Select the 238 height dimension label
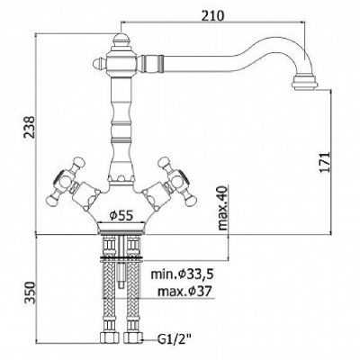[x=30, y=127]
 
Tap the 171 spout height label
[x=325, y=162]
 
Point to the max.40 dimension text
[x=222, y=208]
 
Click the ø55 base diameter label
[x=121, y=215]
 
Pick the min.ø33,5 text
[x=182, y=274]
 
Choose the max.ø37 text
[x=184, y=291]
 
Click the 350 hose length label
[x=30, y=292]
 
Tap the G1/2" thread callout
[x=174, y=340]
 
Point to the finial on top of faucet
[x=121, y=40]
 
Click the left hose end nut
[x=108, y=337]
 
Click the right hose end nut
[x=132, y=337]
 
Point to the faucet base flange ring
[x=121, y=228]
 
